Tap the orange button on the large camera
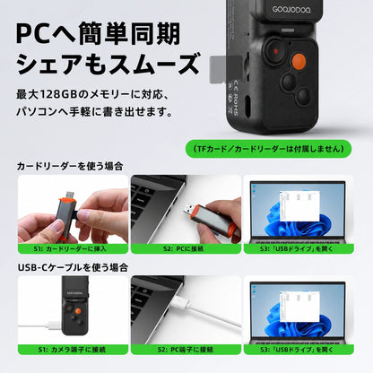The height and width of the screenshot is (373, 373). (x=299, y=60)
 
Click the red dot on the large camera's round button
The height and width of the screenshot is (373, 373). (x=276, y=51)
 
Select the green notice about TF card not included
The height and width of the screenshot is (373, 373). (x=268, y=149)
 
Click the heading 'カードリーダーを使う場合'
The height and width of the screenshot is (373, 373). (x=70, y=166)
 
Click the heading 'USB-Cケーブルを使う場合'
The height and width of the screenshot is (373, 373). (x=73, y=267)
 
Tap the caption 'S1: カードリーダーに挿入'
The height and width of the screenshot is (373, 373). (x=73, y=248)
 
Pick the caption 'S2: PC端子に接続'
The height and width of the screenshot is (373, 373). (x=186, y=350)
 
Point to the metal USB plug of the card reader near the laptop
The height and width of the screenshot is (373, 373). (x=189, y=210)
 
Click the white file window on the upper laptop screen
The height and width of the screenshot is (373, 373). (x=299, y=206)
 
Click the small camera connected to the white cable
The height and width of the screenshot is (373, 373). (x=74, y=305)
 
